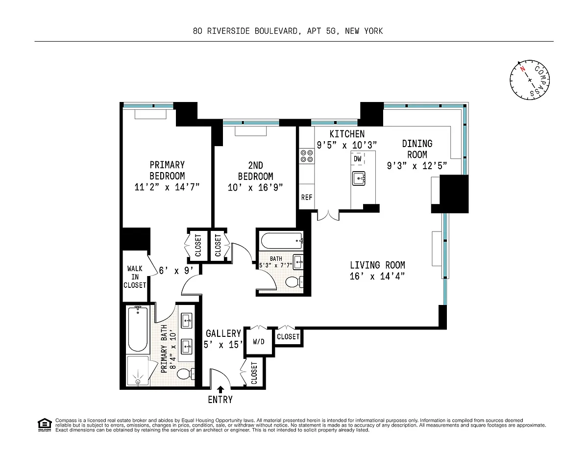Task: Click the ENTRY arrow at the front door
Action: tap(220, 389)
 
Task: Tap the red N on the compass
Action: tap(522, 69)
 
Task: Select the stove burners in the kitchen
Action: tap(307, 156)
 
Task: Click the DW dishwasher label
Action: tap(357, 159)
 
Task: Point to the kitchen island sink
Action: tap(359, 178)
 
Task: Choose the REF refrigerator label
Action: tap(307, 197)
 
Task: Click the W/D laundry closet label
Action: tap(259, 342)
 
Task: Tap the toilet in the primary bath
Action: tap(186, 374)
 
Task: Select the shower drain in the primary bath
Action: tap(138, 381)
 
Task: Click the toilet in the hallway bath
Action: tap(294, 282)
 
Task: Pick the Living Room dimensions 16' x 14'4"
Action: tap(377, 277)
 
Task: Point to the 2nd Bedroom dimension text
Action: tap(255, 187)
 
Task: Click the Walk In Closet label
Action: tap(135, 277)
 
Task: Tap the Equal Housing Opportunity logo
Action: tap(45, 425)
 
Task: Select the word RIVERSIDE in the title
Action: tap(228, 31)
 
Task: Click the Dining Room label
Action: tap(417, 149)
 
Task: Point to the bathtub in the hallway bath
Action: tap(282, 241)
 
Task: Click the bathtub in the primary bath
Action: tap(138, 329)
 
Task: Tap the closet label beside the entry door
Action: tap(254, 373)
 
